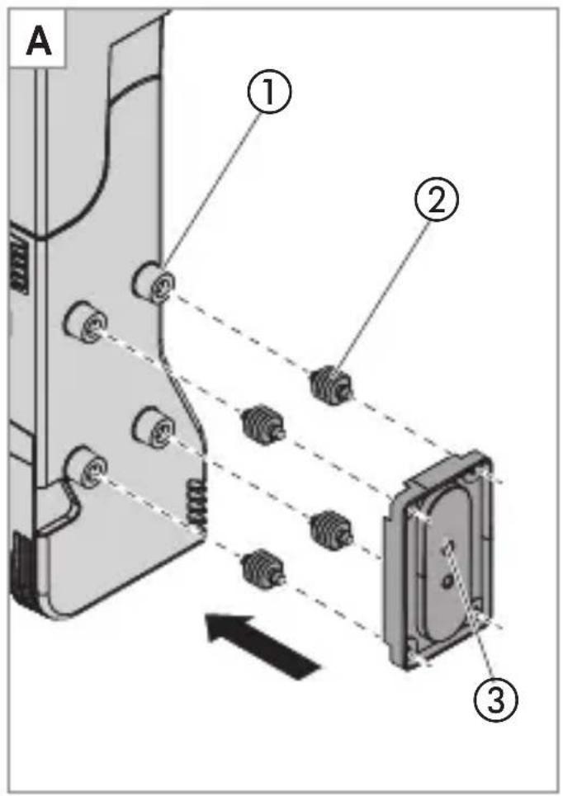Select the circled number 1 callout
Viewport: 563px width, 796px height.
coord(269,93)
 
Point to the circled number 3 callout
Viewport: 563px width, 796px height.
coord(495,699)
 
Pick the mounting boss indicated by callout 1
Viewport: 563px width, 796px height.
coord(154,282)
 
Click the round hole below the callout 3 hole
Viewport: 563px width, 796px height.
coord(447,582)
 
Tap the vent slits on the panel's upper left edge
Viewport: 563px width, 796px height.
coord(19,264)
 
